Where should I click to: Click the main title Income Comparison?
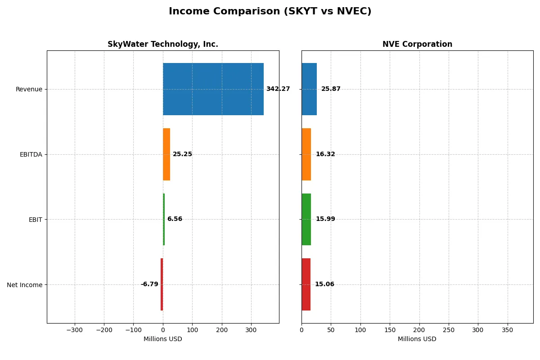coord(270,11)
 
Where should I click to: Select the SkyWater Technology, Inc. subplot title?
coord(163,44)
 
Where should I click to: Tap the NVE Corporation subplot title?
coord(417,44)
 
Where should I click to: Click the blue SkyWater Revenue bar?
coord(213,89)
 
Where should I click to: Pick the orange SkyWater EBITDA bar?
coord(166,154)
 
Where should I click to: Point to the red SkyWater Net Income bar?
coord(162,284)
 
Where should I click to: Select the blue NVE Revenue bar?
coord(309,89)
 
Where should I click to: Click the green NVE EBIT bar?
coord(306,219)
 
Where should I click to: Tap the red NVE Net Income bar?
coord(306,284)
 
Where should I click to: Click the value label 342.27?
coord(278,89)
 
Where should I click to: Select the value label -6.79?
coord(149,284)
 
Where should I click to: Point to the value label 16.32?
coord(325,154)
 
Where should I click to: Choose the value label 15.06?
coord(324,284)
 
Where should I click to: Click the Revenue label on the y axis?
coord(29,89)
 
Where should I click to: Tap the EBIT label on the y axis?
coord(35,220)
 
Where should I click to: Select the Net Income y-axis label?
coord(25,285)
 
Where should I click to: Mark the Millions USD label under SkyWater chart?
coord(163,339)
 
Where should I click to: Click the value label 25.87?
coord(331,89)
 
